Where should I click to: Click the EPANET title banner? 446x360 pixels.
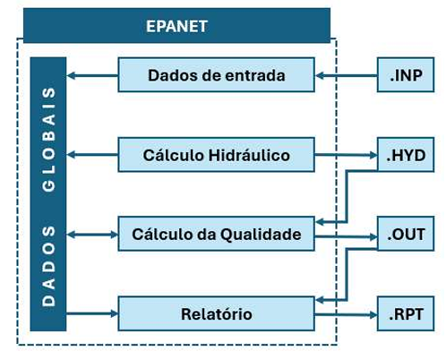pyautogui.click(x=176, y=26)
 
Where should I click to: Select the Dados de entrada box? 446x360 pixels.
pyautogui.click(x=216, y=74)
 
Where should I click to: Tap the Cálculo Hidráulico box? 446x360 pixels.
pyautogui.click(x=216, y=155)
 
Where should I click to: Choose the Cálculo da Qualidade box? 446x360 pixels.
pyautogui.click(x=216, y=234)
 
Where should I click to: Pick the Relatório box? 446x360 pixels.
pyautogui.click(x=216, y=313)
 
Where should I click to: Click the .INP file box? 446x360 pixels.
pyautogui.click(x=406, y=74)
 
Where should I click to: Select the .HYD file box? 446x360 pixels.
pyautogui.click(x=406, y=155)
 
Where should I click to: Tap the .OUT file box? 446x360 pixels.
pyautogui.click(x=406, y=234)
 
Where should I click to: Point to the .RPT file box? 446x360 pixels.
pyautogui.click(x=406, y=313)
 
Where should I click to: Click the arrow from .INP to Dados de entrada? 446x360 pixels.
pyautogui.click(x=346, y=76)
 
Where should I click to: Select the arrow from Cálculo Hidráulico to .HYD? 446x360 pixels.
pyautogui.click(x=346, y=155)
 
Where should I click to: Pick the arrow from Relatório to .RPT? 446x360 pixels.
pyautogui.click(x=346, y=314)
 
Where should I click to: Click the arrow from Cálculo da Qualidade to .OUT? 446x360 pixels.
pyautogui.click(x=346, y=237)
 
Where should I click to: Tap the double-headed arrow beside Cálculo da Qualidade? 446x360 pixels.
pyautogui.click(x=92, y=235)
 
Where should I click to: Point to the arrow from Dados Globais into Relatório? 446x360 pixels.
pyautogui.click(x=92, y=313)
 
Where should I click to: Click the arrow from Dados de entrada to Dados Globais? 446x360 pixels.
pyautogui.click(x=92, y=75)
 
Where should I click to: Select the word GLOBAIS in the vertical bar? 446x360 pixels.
pyautogui.click(x=48, y=140)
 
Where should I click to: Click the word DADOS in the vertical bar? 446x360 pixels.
pyautogui.click(x=48, y=266)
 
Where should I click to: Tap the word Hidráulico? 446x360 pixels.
pyautogui.click(x=249, y=155)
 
